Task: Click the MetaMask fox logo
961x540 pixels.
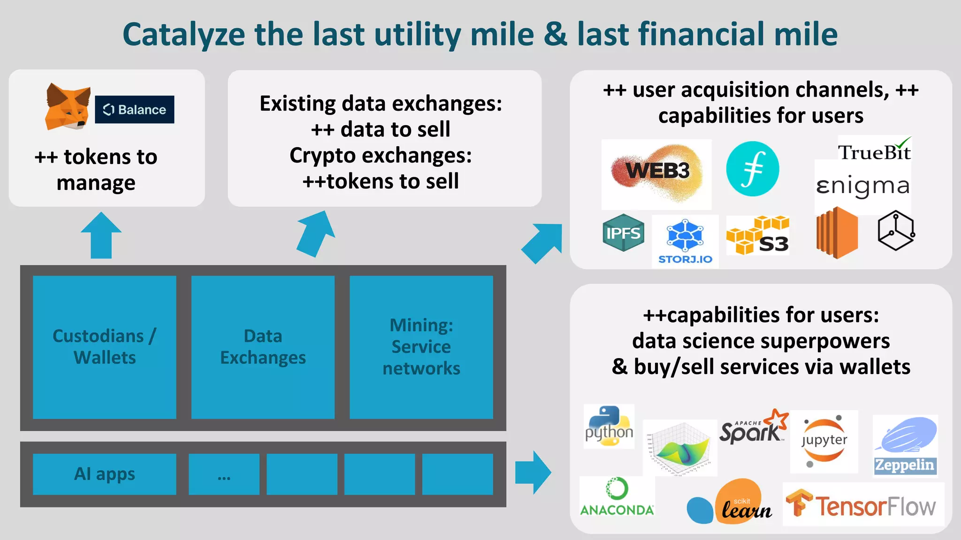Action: click(68, 107)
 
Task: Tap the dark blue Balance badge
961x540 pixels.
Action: click(134, 110)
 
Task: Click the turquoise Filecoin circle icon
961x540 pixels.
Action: click(752, 169)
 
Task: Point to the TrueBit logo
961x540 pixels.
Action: click(874, 151)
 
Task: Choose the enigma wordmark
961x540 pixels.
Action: click(862, 186)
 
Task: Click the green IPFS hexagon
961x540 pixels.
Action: click(623, 232)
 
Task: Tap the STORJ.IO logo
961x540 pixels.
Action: click(685, 241)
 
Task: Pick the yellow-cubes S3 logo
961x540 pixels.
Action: click(757, 235)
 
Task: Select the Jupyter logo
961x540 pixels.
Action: click(824, 441)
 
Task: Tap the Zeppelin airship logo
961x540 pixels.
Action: click(905, 445)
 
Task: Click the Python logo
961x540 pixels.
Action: click(609, 426)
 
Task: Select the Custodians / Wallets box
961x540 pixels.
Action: click(105, 347)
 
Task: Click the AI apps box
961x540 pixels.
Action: click(105, 474)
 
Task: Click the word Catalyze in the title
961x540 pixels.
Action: click(183, 35)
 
